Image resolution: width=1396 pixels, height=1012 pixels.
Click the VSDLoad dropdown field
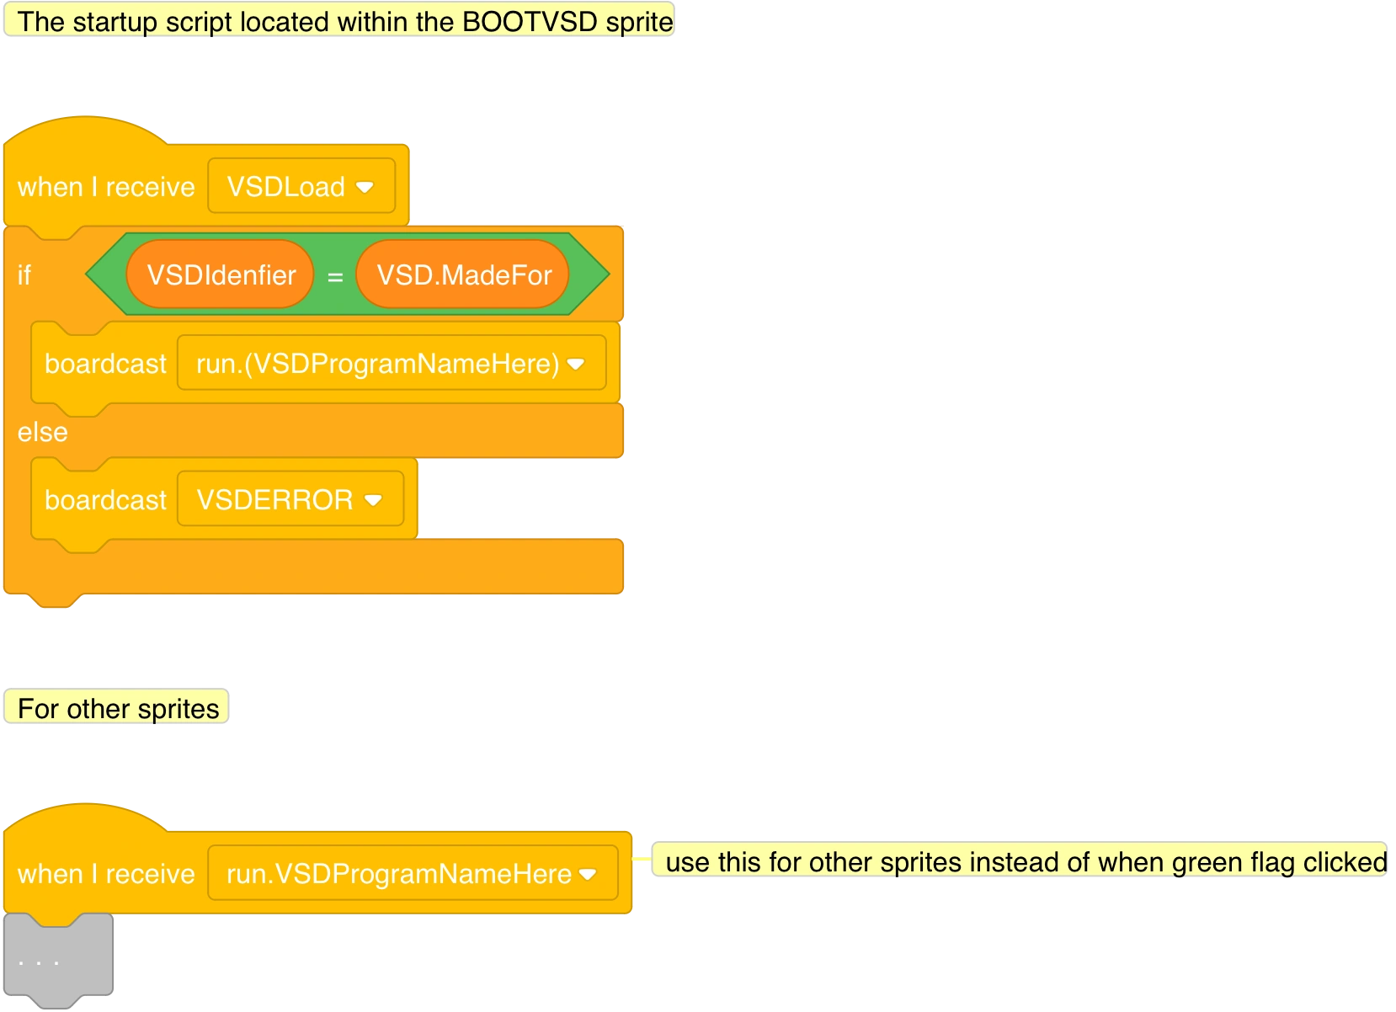click(286, 187)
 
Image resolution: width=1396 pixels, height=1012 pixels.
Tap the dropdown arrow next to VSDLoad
click(365, 187)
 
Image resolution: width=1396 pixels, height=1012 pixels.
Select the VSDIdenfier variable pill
click(221, 275)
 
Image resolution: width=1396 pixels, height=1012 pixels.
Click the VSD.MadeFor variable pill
click(463, 275)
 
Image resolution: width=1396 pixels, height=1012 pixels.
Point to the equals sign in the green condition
click(335, 276)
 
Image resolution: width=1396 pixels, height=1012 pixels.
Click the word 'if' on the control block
click(24, 275)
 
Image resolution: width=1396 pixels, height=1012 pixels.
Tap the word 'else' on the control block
click(42, 433)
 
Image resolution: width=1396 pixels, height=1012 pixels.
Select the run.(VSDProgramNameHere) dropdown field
click(377, 364)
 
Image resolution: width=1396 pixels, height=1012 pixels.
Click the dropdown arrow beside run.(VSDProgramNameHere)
click(576, 365)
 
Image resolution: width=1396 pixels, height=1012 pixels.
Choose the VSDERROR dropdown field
click(274, 500)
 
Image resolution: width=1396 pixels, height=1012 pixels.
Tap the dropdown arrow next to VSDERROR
click(373, 500)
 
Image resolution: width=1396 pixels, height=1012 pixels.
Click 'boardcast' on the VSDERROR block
click(105, 500)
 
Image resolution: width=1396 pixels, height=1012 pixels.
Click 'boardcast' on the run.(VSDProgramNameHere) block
click(105, 364)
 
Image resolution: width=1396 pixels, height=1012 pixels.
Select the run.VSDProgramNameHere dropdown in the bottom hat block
click(398, 874)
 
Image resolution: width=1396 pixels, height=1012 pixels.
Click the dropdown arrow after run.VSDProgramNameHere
click(588, 874)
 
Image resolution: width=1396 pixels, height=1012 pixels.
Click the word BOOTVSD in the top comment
click(518, 22)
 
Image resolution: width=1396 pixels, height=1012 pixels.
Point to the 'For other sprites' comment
click(118, 709)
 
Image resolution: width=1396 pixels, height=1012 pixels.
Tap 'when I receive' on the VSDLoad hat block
click(106, 187)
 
